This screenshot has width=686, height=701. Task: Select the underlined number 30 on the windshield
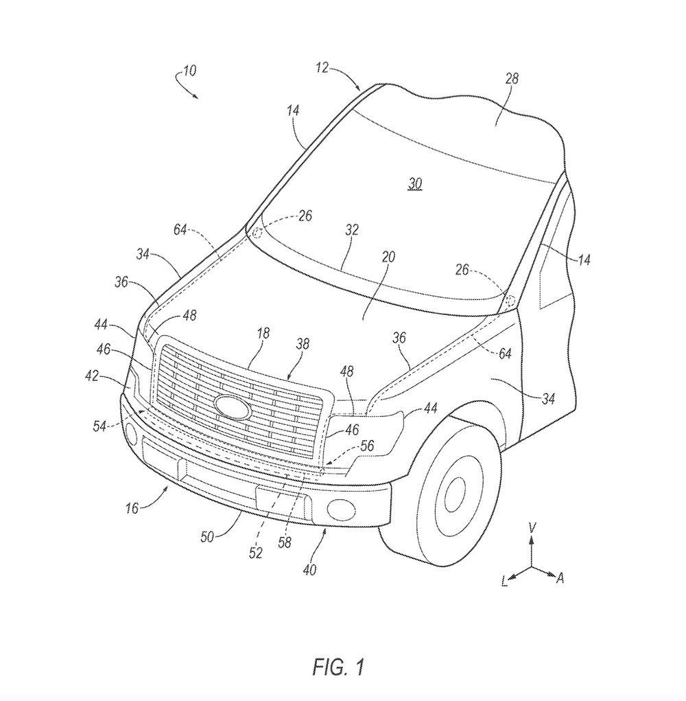[415, 184]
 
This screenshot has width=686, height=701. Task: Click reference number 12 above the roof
[322, 67]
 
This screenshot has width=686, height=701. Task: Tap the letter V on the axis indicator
[532, 527]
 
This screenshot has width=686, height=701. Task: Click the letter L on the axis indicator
[504, 582]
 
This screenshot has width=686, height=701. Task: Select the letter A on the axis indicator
[560, 579]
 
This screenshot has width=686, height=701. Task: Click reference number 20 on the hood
[389, 257]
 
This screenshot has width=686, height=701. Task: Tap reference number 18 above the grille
[263, 333]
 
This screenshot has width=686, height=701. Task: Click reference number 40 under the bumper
[309, 569]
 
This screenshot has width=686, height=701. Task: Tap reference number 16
[132, 508]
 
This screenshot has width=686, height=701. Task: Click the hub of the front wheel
[455, 493]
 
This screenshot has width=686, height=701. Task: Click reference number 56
[367, 445]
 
